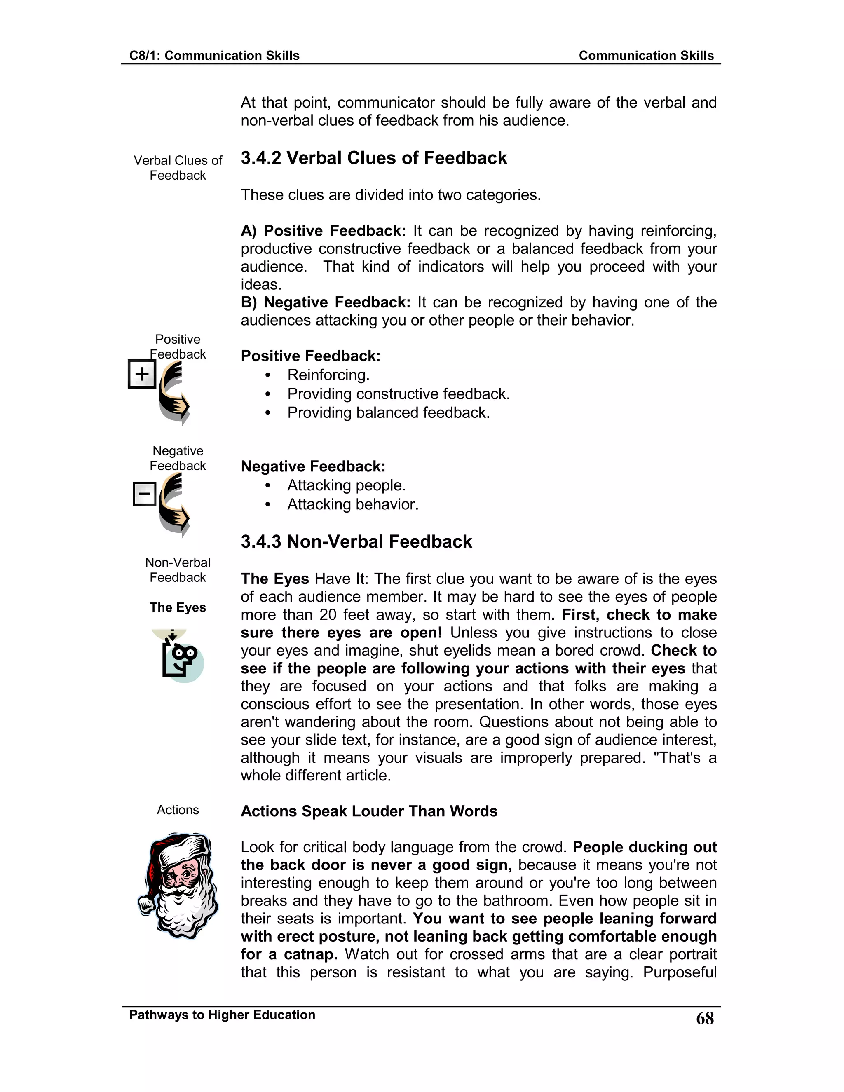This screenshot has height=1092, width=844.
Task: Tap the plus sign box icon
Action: pos(142,374)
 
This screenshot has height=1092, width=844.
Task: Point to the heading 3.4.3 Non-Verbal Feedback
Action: pos(356,541)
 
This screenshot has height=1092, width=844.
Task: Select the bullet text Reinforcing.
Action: pos(328,375)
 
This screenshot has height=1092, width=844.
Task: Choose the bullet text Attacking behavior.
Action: pos(352,504)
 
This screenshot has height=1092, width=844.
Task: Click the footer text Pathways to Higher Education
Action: pos(222,1015)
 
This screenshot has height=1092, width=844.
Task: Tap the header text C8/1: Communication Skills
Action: pos(214,56)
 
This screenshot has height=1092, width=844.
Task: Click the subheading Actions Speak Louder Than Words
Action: pos(369,811)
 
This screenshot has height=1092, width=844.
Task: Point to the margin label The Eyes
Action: pos(178,607)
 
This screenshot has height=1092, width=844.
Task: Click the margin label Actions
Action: pos(178,810)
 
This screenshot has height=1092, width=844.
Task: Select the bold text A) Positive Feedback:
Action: pos(323,231)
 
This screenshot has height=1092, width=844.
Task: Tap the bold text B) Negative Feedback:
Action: pos(325,302)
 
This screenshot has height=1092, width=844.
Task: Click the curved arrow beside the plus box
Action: pos(173,392)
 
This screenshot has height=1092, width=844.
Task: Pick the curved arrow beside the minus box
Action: pos(173,505)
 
